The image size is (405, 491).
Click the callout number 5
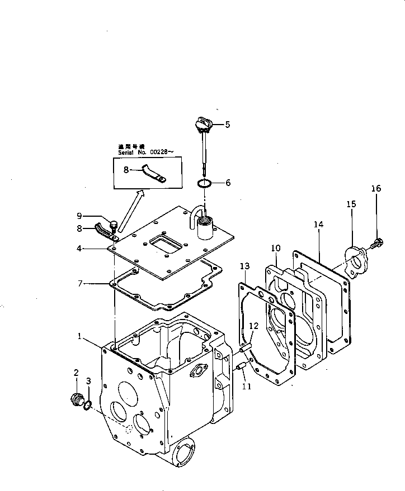[x=227, y=125]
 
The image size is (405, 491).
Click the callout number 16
[x=376, y=189]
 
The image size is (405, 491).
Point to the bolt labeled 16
[x=376, y=242]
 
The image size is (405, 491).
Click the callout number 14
[x=318, y=225]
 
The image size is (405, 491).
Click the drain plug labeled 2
[x=76, y=400]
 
